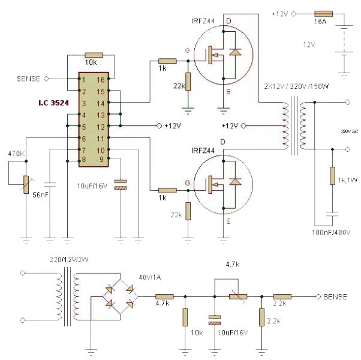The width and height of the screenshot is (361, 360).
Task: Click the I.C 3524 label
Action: (50, 103)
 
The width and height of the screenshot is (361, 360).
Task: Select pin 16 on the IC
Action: (101, 80)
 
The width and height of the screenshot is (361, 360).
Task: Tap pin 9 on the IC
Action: (101, 159)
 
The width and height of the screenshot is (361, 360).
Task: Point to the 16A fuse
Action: (324, 13)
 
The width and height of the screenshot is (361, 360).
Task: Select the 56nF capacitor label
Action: (40, 196)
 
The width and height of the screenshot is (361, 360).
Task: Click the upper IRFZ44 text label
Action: (201, 22)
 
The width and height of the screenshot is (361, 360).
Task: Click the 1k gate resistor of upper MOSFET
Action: (167, 61)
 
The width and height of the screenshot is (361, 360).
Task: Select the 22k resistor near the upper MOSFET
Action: (188, 82)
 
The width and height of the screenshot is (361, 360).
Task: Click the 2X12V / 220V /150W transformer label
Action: (297, 86)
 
